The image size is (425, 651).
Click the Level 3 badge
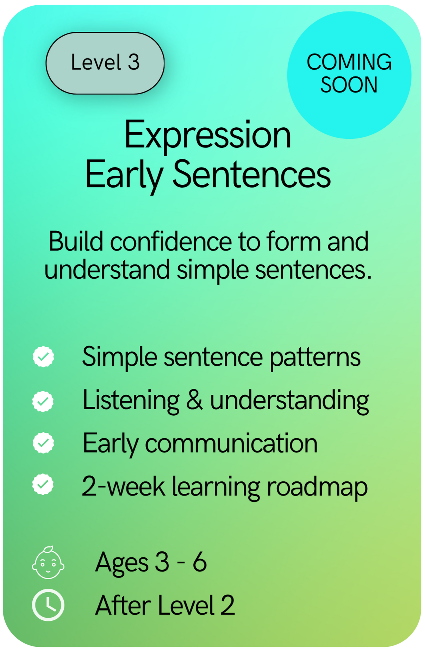(105, 63)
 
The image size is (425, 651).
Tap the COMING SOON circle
(349, 75)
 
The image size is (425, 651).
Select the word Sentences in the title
(251, 175)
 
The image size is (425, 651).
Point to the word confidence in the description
(171, 242)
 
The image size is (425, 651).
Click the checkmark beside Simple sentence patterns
(43, 357)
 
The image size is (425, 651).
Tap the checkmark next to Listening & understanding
(43, 401)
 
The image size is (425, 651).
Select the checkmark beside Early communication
(43, 443)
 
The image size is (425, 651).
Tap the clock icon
(48, 605)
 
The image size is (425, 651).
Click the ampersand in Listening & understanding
(194, 400)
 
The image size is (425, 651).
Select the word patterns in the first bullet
(315, 358)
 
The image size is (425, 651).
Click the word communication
(231, 443)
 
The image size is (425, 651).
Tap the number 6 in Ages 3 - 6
(200, 562)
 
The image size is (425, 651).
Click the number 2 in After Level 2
(227, 605)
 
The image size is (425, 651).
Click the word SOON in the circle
(349, 85)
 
